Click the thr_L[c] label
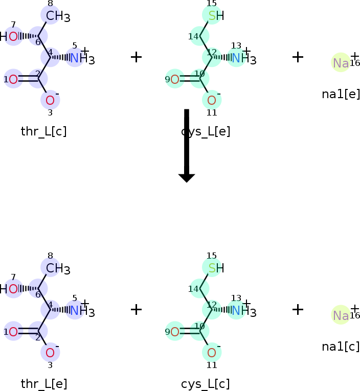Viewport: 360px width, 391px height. click(x=43, y=131)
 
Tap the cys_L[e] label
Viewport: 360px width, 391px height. click(x=206, y=131)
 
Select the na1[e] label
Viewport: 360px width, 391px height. click(x=341, y=94)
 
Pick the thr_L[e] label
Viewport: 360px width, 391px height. click(x=43, y=384)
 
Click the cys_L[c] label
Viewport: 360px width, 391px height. click(x=205, y=384)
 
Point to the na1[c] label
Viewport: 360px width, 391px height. click(x=341, y=347)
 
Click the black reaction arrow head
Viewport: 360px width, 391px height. click(x=187, y=177)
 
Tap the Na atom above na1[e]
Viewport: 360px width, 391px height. click(x=341, y=63)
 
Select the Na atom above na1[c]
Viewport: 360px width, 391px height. click(x=341, y=315)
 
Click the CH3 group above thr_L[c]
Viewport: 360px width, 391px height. click(x=56, y=16)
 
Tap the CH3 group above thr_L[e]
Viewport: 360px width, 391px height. click(x=56, y=268)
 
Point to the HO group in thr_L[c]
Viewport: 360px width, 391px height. click(x=10, y=36)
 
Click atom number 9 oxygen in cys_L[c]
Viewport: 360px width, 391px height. click(x=175, y=332)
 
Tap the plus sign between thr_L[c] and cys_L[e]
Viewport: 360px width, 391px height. click(x=136, y=57)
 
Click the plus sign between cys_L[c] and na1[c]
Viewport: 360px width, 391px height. click(x=298, y=309)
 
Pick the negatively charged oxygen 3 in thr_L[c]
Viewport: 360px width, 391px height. click(x=50, y=100)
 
